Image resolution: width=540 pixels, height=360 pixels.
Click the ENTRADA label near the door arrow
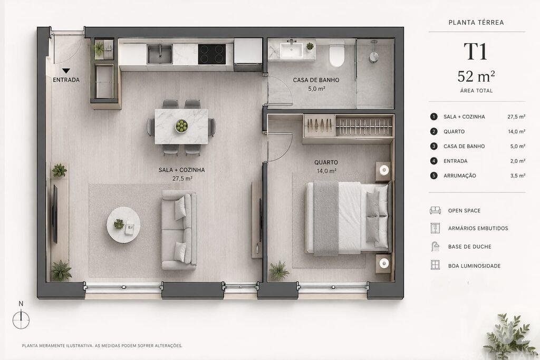click(x=66, y=80)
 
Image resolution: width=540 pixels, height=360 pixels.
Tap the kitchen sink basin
click(x=159, y=54)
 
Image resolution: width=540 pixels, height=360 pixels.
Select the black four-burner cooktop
click(x=212, y=54)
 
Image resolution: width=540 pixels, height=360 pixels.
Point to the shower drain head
click(x=374, y=56)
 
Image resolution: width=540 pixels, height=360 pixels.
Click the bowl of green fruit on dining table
click(x=181, y=126)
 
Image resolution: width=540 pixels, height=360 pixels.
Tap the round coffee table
click(x=123, y=225)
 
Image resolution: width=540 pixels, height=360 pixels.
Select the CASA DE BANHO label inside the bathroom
click(x=316, y=80)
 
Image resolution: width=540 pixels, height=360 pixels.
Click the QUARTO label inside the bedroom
click(x=326, y=162)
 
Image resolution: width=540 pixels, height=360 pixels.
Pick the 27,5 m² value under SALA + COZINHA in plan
click(x=182, y=179)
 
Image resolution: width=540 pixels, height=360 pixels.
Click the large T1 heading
click(x=476, y=52)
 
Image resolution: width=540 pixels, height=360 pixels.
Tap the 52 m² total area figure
click(x=476, y=76)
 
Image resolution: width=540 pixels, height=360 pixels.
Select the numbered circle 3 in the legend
click(x=434, y=147)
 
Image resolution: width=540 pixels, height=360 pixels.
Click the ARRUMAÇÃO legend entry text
click(x=460, y=176)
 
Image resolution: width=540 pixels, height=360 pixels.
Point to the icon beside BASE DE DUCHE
click(x=435, y=247)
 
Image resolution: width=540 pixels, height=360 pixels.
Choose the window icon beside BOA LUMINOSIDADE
click(x=435, y=265)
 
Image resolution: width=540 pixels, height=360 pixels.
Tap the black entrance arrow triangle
click(x=66, y=71)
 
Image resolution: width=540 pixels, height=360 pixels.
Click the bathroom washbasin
click(x=291, y=50)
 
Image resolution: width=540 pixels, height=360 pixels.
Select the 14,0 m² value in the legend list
click(x=517, y=131)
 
